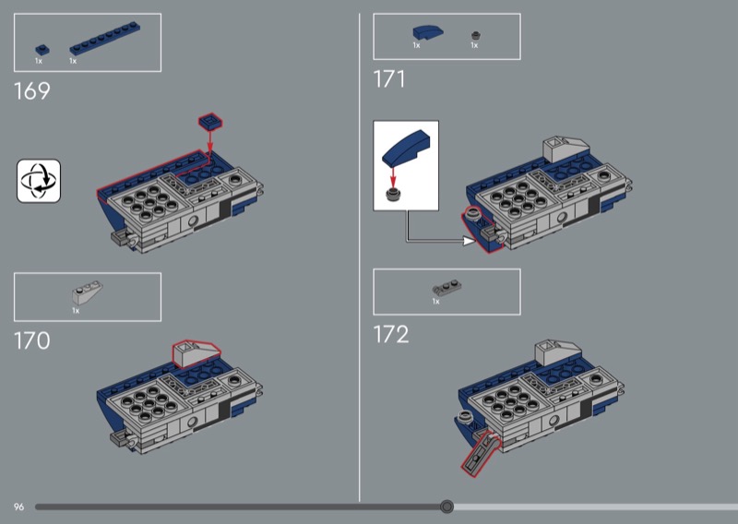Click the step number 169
pyautogui.click(x=32, y=90)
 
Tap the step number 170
pyautogui.click(x=32, y=340)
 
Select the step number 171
pyautogui.click(x=389, y=79)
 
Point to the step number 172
pyautogui.click(x=391, y=335)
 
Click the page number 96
pyautogui.click(x=18, y=507)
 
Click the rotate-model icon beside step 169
pyautogui.click(x=39, y=181)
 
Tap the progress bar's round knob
pyautogui.click(x=446, y=506)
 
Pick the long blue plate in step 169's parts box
pyautogui.click(x=104, y=39)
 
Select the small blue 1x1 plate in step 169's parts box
pyautogui.click(x=42, y=50)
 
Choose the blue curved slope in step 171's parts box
pyautogui.click(x=428, y=32)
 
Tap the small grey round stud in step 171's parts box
pyautogui.click(x=476, y=36)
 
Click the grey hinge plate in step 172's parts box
pyautogui.click(x=446, y=288)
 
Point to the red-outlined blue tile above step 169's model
pyautogui.click(x=210, y=123)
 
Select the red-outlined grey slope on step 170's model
pyautogui.click(x=196, y=353)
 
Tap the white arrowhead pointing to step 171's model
pyautogui.click(x=470, y=241)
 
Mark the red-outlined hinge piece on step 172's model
pyautogui.click(x=481, y=452)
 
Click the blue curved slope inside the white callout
pyautogui.click(x=406, y=147)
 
